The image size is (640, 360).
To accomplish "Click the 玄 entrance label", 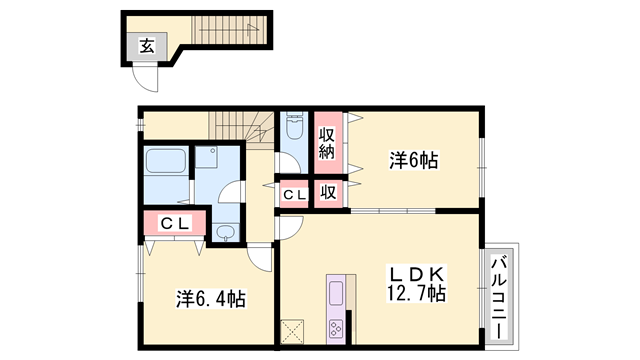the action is pyautogui.click(x=147, y=46).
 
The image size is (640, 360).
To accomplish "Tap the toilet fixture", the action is pyautogui.click(x=294, y=126).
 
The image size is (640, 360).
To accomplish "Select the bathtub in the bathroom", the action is pyautogui.click(x=166, y=160).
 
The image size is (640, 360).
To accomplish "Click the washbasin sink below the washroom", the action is pyautogui.click(x=224, y=232).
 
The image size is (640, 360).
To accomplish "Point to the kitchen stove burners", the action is pyautogui.click(x=336, y=328).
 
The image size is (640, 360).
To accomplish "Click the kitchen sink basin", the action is pyautogui.click(x=336, y=293).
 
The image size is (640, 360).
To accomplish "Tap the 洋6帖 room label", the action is pyautogui.click(x=413, y=160).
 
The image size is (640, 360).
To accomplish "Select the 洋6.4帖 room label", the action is pyautogui.click(x=211, y=299).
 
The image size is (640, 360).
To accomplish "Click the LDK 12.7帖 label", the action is pyautogui.click(x=416, y=283).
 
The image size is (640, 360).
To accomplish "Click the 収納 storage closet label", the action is pyautogui.click(x=327, y=143).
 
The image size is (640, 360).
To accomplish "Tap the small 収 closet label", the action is pyautogui.click(x=328, y=192).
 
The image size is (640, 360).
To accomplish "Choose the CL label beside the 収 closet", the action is pyautogui.click(x=294, y=195).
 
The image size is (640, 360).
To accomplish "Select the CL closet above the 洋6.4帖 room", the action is pyautogui.click(x=175, y=223).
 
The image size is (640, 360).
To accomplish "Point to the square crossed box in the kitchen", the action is pyautogui.click(x=292, y=331).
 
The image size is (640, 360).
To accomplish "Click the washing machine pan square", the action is pyautogui.click(x=207, y=157).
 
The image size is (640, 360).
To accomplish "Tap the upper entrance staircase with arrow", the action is pyautogui.click(x=231, y=29).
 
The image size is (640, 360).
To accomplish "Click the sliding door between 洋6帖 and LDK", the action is pyautogui.click(x=393, y=211).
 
